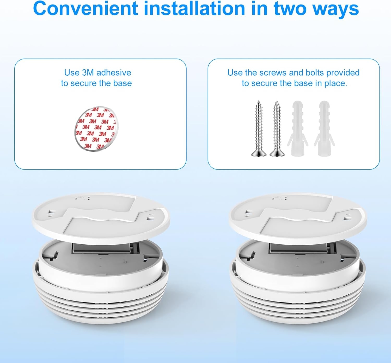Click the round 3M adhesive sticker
coord(95,129)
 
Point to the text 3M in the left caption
coord(88,73)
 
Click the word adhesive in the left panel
coord(114,73)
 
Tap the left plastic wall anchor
coord(297,129)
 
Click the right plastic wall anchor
coord(324,129)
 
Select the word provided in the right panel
coord(343,73)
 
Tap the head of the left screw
coord(259,153)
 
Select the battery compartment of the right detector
coord(299,248)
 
